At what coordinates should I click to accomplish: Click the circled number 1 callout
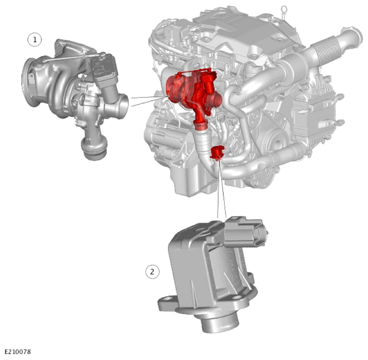[35, 40]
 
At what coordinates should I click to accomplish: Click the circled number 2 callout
[152, 272]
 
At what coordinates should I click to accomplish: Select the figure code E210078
[17, 352]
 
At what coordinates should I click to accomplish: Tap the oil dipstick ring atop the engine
[284, 9]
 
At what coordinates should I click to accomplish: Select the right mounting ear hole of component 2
[237, 297]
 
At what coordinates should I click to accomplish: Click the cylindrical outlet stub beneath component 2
[220, 322]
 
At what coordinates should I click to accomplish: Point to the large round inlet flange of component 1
[29, 82]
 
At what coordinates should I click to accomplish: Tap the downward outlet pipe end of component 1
[94, 150]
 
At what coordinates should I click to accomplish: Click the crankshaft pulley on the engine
[277, 143]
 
